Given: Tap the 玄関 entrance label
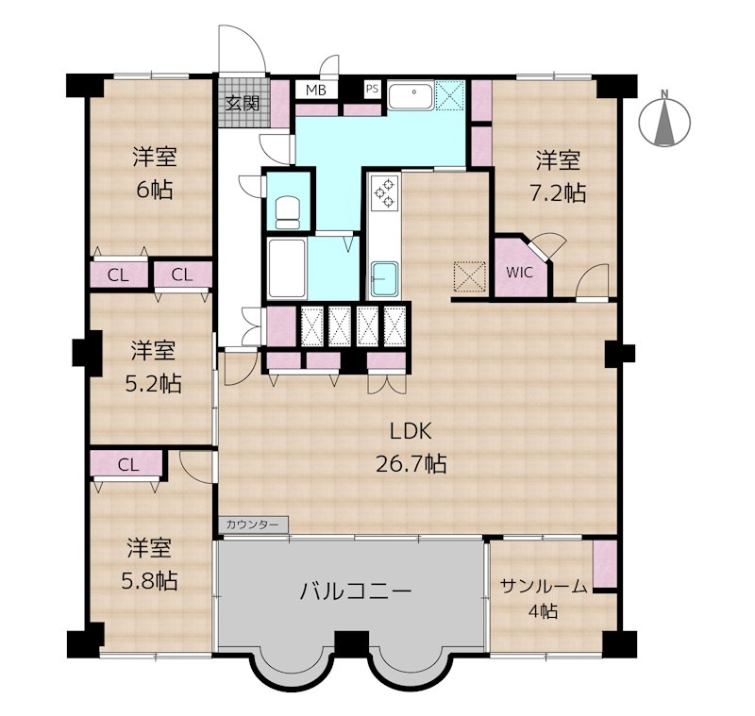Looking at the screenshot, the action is pos(243,103).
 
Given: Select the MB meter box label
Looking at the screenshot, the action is pos(316,90).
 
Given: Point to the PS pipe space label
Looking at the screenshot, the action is pos(372,89).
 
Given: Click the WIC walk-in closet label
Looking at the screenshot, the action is pos(520,273).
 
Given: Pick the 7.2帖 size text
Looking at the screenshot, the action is pos(558,193).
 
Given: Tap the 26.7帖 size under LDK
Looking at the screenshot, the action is pos(411,464).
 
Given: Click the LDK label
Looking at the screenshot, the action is pos(411,432).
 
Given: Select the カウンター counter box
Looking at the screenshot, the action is pos(253,524).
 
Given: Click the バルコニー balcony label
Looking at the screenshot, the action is pos(356,591).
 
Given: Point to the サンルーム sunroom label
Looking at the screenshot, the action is pos(544,587).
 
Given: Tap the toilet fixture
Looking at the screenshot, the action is pos(288,212).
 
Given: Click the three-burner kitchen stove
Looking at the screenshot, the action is pos(386,192).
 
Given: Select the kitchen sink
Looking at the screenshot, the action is pos(385,278).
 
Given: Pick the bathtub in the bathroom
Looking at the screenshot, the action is pos(288,269).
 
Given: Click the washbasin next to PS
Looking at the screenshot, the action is pos(411,96).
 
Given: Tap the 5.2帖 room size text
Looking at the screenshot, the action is pos(153,384).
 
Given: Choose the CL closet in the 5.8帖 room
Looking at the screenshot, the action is pos(128,464).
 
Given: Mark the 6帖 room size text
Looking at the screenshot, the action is pos(155,191).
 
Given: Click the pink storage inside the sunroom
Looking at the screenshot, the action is pos(605,564).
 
